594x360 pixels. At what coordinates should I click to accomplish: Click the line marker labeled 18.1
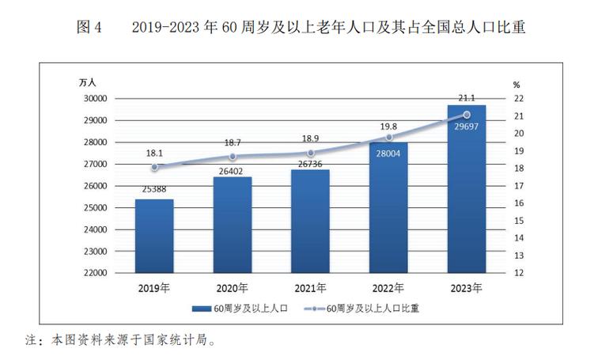coord(154,167)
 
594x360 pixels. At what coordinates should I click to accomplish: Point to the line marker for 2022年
coord(388,137)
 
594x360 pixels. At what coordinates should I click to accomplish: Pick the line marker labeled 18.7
coord(233,157)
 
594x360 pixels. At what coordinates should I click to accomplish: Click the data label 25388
coord(154,190)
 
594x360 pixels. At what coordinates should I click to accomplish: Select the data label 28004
coord(388,153)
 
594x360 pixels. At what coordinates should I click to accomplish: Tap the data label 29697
coord(467,127)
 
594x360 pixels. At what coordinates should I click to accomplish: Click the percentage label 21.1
coord(467,98)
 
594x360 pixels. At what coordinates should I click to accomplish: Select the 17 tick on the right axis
coord(517,186)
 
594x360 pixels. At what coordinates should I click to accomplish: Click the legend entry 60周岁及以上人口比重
coord(373,309)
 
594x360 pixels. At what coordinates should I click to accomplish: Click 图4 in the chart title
coord(89,27)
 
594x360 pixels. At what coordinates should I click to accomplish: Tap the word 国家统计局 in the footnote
coord(174,342)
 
